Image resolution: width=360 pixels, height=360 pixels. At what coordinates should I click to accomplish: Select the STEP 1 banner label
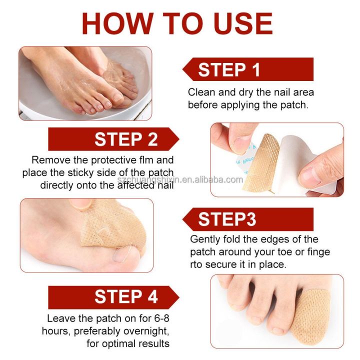pyautogui.click(x=229, y=69)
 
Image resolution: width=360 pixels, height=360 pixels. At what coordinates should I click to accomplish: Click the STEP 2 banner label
pyautogui.click(x=126, y=139)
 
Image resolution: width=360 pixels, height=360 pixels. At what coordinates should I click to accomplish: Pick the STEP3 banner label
pyautogui.click(x=227, y=219)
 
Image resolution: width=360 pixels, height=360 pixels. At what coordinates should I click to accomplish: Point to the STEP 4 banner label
pyautogui.click(x=126, y=297)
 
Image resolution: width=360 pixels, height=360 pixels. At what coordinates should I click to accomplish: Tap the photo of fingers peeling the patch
pyautogui.click(x=276, y=159)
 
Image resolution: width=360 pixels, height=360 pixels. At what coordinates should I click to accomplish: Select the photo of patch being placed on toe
pyautogui.click(x=86, y=234)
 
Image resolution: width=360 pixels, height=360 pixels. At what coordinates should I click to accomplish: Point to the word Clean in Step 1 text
pyautogui.click(x=200, y=93)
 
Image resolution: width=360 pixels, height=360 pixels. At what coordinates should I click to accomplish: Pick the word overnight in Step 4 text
pyautogui.click(x=148, y=331)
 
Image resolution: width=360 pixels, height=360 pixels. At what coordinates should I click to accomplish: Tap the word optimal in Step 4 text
pyautogui.click(x=116, y=343)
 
